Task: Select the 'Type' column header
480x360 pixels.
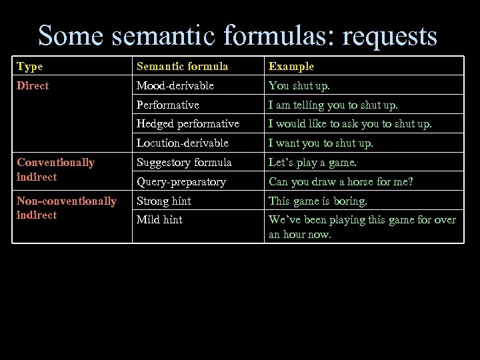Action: (x=29, y=66)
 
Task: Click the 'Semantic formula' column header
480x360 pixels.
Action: (x=182, y=66)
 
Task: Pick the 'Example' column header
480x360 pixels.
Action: (x=291, y=66)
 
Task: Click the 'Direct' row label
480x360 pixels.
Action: (x=33, y=85)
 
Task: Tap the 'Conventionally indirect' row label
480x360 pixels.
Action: (x=55, y=169)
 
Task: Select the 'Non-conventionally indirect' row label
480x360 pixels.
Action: (x=66, y=207)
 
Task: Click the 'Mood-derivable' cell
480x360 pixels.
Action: (x=175, y=85)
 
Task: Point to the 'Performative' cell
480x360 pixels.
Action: (x=167, y=105)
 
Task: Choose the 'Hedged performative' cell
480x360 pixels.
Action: (x=187, y=123)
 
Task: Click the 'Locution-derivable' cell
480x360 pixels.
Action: (x=182, y=143)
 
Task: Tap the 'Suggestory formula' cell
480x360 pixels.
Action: (x=184, y=162)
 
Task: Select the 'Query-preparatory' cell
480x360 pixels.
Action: (x=181, y=181)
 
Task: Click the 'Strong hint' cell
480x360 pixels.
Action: (x=163, y=201)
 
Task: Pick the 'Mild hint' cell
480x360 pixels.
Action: (x=159, y=219)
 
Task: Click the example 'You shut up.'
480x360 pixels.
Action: (x=299, y=85)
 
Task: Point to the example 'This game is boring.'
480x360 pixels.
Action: (x=317, y=201)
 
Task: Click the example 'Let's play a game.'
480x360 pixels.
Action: (x=312, y=162)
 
